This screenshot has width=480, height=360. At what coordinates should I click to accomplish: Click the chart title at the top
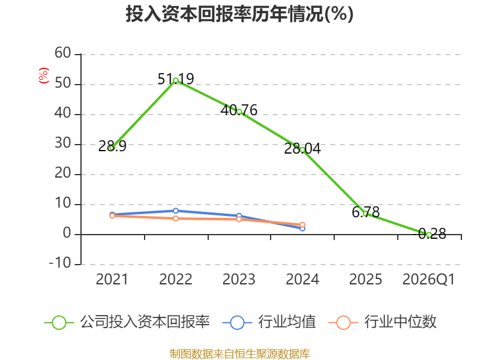click(x=239, y=14)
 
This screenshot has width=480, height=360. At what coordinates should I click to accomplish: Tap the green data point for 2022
click(x=176, y=81)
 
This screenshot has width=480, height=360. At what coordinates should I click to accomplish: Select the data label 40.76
click(x=239, y=110)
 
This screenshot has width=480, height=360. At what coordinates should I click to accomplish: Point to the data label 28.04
click(x=302, y=148)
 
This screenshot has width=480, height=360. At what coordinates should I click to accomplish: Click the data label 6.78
click(x=366, y=212)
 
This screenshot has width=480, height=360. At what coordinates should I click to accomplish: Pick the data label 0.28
click(x=432, y=234)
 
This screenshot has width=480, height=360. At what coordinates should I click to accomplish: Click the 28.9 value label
click(x=112, y=146)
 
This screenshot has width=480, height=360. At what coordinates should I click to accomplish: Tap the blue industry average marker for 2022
click(x=176, y=211)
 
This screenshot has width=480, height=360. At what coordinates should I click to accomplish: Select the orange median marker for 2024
click(x=302, y=225)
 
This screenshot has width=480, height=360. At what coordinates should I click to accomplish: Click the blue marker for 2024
click(x=302, y=229)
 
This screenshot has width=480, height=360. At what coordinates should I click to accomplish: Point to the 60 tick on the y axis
click(x=63, y=53)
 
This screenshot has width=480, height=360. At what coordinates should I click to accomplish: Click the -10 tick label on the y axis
click(x=60, y=263)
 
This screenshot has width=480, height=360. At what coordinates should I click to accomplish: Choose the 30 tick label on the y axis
click(x=63, y=143)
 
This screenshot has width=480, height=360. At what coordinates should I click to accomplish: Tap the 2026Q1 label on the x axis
click(x=428, y=280)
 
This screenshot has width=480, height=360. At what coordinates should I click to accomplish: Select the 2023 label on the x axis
click(x=239, y=280)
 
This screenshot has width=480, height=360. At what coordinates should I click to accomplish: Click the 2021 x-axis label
click(x=112, y=280)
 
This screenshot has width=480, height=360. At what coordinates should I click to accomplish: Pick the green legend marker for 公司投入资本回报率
click(x=59, y=323)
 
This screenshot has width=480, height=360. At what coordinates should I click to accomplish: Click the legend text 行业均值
click(x=287, y=322)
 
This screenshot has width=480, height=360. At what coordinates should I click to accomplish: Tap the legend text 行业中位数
click(x=400, y=322)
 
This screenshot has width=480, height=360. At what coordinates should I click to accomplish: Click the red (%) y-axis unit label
click(x=44, y=76)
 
